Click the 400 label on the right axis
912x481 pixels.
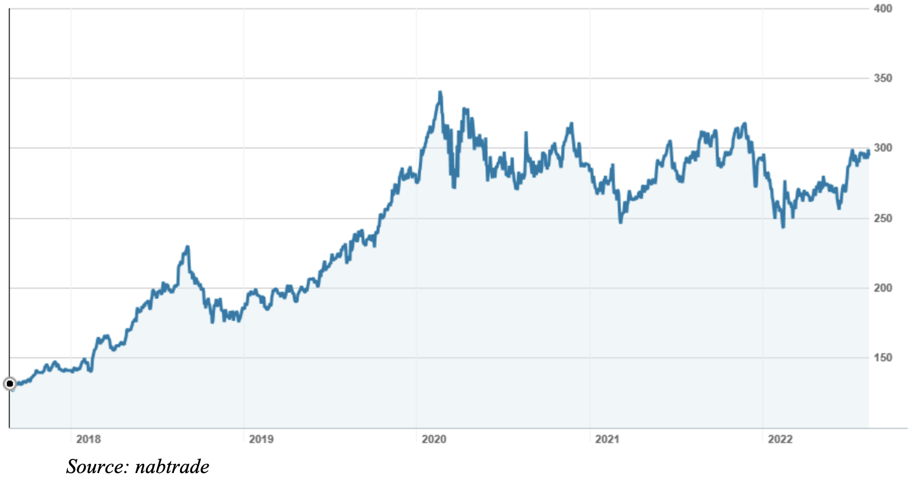(883, 9)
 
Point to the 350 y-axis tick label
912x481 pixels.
(883, 78)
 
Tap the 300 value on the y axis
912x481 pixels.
(883, 148)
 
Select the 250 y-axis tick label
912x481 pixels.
(883, 218)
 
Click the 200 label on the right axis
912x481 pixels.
(883, 288)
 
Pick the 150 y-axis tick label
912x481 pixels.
(883, 357)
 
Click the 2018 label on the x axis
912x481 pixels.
(88, 439)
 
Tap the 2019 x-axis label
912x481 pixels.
(261, 439)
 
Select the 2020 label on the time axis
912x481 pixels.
(434, 439)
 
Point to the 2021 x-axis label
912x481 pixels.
(607, 439)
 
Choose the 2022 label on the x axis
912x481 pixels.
(780, 439)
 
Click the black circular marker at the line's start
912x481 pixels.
(10, 384)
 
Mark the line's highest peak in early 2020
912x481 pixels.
(440, 92)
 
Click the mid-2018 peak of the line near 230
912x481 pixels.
(187, 247)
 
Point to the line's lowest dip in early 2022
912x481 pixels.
(783, 227)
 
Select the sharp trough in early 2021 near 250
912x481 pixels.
(621, 222)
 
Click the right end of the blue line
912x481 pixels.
(868, 152)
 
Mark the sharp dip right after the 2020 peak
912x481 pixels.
(454, 186)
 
